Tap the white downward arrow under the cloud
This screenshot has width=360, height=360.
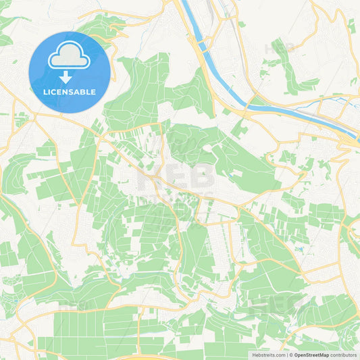[66, 77]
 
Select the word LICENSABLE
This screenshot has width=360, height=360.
[70, 92]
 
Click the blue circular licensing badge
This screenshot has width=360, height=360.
[70, 72]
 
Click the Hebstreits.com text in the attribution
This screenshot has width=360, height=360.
[267, 354]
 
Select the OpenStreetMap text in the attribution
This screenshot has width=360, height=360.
[313, 354]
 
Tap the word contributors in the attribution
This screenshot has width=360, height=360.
[343, 354]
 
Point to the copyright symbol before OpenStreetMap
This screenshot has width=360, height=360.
[291, 354]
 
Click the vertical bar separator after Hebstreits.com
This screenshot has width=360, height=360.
[286, 354]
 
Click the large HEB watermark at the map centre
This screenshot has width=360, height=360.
[176, 180]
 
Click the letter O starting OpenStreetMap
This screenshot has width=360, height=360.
[296, 354]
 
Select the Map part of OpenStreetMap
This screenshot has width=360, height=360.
[324, 354]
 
